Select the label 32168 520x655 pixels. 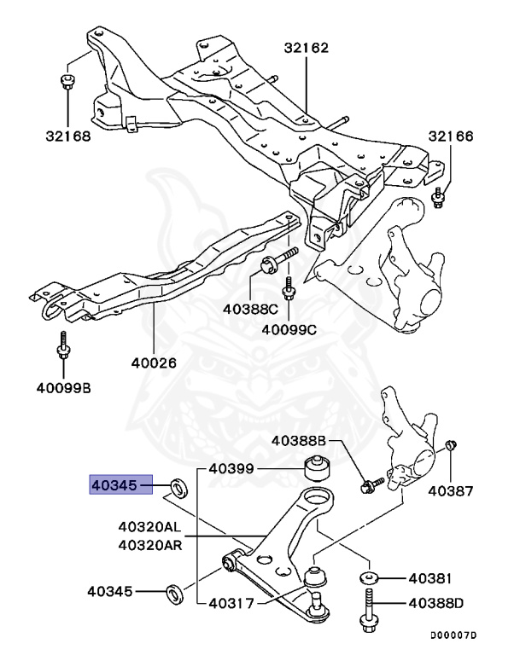(67, 136)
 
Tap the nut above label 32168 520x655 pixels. (67, 83)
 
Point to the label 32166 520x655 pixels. (451, 136)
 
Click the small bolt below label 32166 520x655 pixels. (438, 199)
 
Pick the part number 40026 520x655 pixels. (154, 362)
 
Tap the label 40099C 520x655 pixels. (289, 329)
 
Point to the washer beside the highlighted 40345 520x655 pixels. (178, 488)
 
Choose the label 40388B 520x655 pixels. (300, 441)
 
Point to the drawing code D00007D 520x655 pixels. (453, 636)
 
